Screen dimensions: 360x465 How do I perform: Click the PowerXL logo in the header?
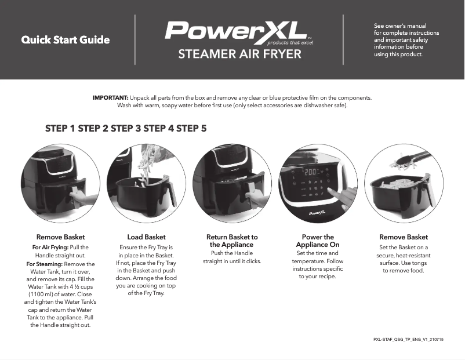coord(239,32)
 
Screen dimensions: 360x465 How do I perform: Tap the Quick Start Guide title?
coord(66,40)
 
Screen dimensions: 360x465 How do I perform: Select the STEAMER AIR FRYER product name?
coord(239,54)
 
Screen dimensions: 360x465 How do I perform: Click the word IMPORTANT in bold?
coord(111,97)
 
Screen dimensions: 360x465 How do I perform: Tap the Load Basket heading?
coord(146,237)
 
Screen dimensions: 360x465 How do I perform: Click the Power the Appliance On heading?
coord(318,241)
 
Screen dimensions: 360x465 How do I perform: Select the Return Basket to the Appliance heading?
coord(232,241)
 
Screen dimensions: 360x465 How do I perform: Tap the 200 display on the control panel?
coord(310,172)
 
